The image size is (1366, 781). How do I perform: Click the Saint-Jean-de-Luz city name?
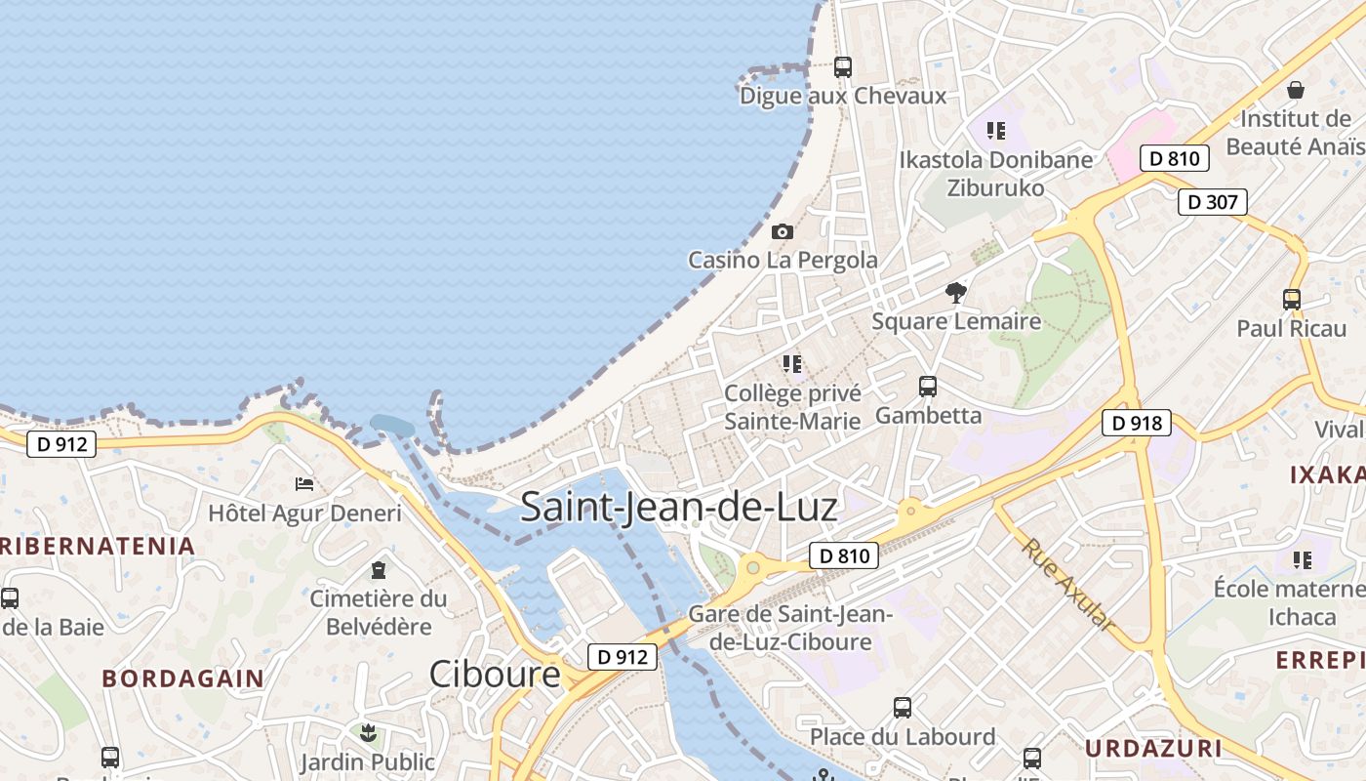tap(678, 508)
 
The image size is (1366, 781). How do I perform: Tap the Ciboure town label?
tap(495, 674)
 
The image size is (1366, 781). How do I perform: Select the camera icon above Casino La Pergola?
tap(782, 232)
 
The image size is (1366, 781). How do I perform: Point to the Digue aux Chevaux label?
tap(843, 96)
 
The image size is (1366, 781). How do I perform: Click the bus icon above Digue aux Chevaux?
tap(842, 67)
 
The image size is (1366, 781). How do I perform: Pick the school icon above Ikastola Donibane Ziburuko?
tap(995, 131)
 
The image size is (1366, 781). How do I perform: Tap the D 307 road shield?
tap(1213, 202)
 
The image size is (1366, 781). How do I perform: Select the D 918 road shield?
tap(1137, 423)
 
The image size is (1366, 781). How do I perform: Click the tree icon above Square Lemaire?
tap(956, 292)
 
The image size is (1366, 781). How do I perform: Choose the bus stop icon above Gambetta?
tap(927, 387)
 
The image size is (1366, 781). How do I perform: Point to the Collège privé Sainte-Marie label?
tap(792, 407)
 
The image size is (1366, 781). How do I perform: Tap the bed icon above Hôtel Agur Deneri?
tap(304, 484)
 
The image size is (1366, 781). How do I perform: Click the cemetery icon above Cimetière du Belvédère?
tap(379, 570)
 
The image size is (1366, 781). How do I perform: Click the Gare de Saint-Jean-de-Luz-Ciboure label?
tap(790, 628)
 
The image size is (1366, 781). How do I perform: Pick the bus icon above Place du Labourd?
tap(903, 707)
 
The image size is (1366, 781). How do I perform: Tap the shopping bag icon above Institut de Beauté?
tap(1295, 91)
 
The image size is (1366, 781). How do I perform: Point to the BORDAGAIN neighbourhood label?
tap(182, 678)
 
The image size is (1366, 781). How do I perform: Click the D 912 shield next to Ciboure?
tap(622, 657)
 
